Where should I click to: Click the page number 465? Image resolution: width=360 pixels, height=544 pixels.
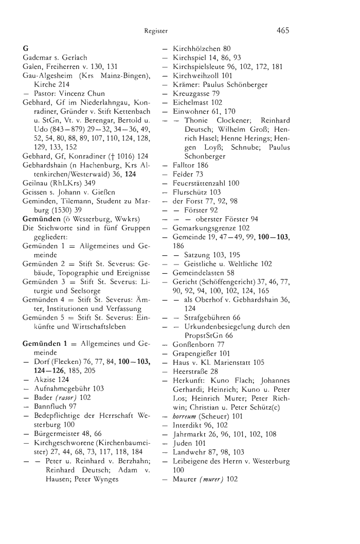tap(282, 30)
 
